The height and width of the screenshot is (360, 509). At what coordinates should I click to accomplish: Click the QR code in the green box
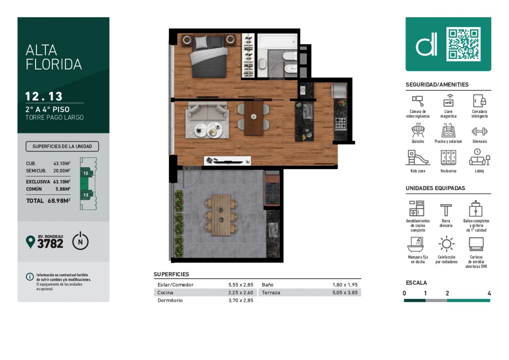[x=463, y=44]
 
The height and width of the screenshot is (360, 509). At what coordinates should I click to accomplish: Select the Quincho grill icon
[x=418, y=130]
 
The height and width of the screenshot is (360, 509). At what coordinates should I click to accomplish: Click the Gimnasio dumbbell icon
[x=479, y=131]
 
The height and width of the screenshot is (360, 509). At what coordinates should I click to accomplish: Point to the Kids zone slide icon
[x=417, y=157]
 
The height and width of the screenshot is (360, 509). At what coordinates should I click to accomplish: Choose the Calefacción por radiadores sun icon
[x=446, y=244]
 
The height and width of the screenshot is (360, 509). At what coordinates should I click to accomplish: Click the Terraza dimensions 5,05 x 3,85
[x=345, y=293]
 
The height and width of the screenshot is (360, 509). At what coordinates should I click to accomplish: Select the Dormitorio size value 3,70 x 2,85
[x=241, y=300]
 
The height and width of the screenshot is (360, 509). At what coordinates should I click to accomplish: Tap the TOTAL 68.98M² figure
[x=48, y=201]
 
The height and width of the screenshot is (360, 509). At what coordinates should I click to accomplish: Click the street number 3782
[x=50, y=244]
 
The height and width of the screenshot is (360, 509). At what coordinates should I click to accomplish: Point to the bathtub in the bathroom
[x=277, y=41]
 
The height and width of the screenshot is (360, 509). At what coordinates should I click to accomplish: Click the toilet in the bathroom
[x=290, y=56]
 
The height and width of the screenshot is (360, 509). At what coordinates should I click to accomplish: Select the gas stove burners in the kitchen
[x=340, y=124]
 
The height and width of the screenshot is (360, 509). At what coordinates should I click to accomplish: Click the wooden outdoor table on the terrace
[x=221, y=215]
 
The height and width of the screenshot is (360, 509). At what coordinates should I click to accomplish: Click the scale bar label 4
[x=489, y=293]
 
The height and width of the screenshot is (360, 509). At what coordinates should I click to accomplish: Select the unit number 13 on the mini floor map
[x=86, y=195]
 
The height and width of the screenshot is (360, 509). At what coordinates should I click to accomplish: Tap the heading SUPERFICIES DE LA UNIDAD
[x=62, y=147]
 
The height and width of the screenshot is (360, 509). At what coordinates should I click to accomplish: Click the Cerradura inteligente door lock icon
[x=479, y=101]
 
